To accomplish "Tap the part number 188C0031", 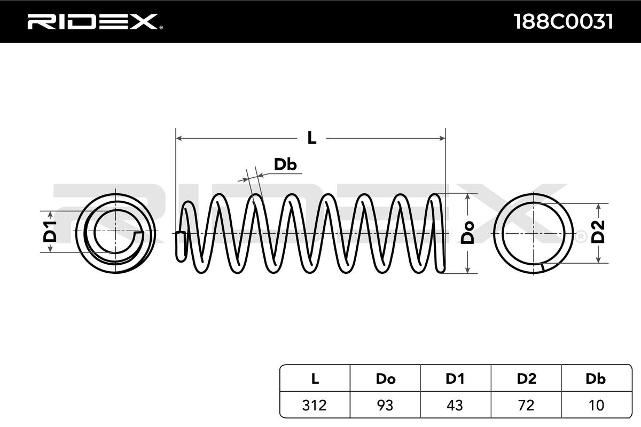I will (x=562, y=22).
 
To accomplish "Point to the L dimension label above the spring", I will (x=312, y=138).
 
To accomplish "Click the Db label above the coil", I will (x=285, y=165).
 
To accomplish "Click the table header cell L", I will (x=315, y=378).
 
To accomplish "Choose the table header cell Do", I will (x=385, y=378).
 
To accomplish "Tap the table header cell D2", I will (x=526, y=378).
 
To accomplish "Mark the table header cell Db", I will (x=596, y=378).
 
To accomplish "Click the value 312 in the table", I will (x=315, y=405).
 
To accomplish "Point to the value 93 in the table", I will (x=385, y=405).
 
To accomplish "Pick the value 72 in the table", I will (x=526, y=405).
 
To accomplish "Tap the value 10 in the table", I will (x=596, y=405).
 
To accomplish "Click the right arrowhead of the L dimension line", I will (x=442, y=138).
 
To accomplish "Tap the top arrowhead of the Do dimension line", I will (x=468, y=197).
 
